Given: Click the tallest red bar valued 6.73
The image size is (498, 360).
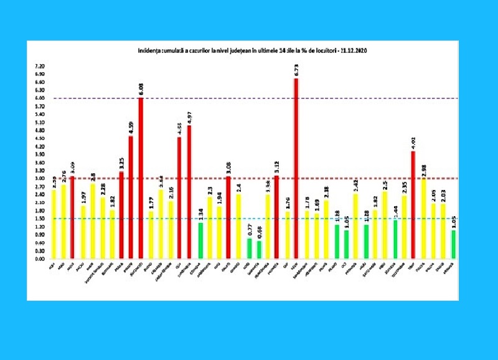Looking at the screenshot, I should (x=296, y=169).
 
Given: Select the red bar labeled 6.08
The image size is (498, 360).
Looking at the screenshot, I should (x=141, y=178).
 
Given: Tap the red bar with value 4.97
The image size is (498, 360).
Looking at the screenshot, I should (x=189, y=192).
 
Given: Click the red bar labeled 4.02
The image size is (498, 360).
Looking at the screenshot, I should (x=413, y=205).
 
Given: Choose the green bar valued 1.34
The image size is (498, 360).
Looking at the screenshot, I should (x=200, y=240).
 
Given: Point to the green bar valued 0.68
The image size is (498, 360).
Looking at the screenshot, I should (x=259, y=249).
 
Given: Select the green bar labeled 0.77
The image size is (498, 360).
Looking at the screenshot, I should (x=249, y=248).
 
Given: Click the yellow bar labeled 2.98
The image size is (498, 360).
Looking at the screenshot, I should (x=424, y=219).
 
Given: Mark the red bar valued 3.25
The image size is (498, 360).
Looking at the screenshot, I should (x=121, y=215).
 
